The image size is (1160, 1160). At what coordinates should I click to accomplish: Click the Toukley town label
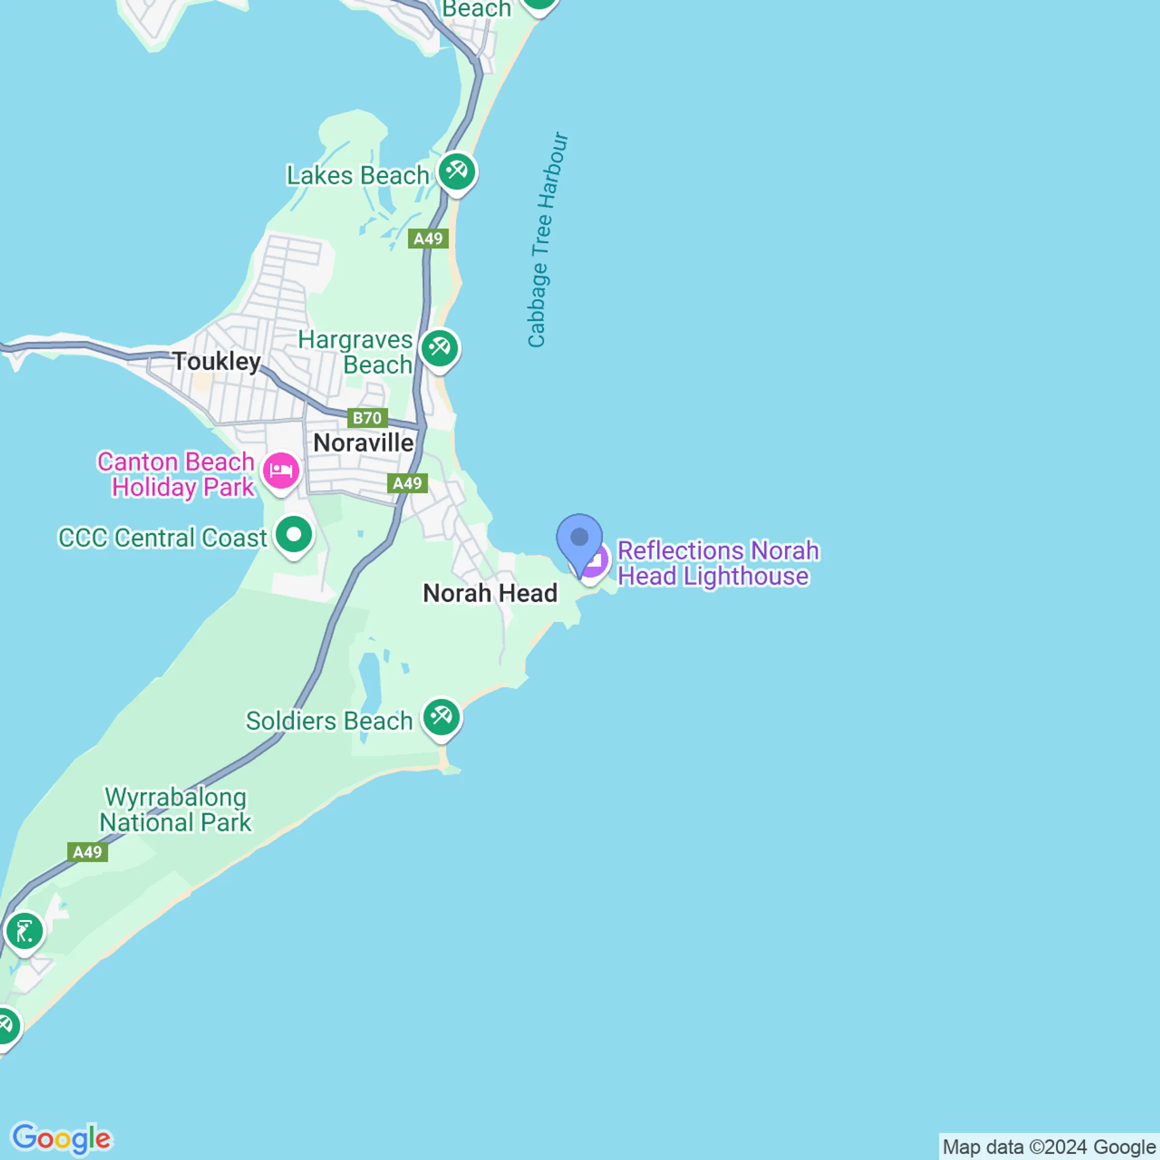(217, 362)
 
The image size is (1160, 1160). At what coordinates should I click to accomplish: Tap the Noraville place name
(363, 443)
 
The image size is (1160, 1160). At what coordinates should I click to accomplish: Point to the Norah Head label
(490, 593)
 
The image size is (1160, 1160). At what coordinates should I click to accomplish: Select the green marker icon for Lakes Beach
(457, 173)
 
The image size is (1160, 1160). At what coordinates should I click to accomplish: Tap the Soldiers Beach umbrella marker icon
(441, 717)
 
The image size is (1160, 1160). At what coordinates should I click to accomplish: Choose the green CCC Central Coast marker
(293, 535)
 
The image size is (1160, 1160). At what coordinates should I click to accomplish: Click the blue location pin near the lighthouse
(579, 538)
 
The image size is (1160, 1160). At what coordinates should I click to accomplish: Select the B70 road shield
(367, 418)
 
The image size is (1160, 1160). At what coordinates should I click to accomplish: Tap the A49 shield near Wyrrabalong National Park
(87, 852)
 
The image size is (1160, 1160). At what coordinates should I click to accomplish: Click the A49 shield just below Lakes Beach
(428, 239)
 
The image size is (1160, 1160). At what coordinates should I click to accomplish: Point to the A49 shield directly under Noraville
(407, 483)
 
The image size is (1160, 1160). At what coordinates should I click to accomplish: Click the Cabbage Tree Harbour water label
(545, 240)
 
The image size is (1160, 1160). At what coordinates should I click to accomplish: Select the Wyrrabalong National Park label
(175, 810)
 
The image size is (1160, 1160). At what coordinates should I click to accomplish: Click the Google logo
(62, 1138)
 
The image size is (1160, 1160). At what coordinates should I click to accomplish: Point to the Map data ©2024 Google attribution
(1048, 1147)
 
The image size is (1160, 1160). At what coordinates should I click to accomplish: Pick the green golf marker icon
(25, 932)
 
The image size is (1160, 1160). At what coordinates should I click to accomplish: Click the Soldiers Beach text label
(329, 721)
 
